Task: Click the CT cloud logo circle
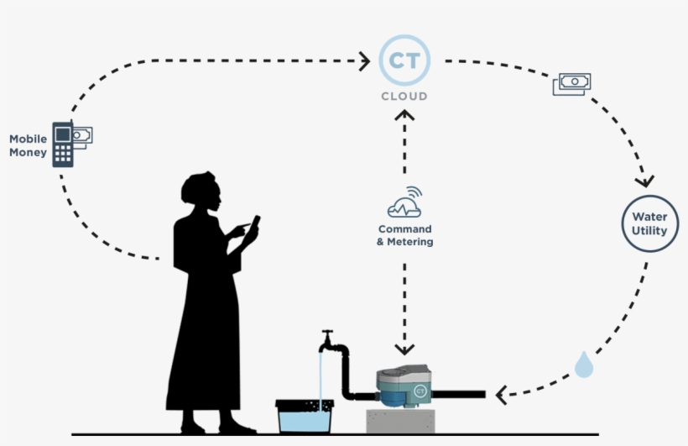[404, 60]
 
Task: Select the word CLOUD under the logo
[404, 97]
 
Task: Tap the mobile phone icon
[63, 144]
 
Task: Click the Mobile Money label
[28, 145]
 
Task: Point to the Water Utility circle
[649, 223]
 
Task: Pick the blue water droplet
[584, 365]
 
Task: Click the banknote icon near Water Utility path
[572, 83]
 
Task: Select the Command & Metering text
[405, 235]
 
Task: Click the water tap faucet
[328, 342]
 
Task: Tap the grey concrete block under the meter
[407, 422]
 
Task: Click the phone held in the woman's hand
[254, 223]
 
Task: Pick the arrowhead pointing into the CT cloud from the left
[365, 60]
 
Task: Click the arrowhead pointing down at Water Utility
[644, 181]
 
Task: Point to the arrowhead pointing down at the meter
[405, 348]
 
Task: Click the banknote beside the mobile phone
[82, 134]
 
